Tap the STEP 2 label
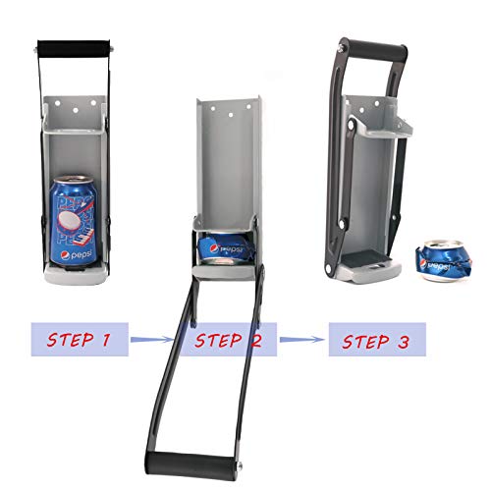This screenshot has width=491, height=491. coord(228,341)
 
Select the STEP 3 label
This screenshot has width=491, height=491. coord(375,342)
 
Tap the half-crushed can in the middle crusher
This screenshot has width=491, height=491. coord(225,249)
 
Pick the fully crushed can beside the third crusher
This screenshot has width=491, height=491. coord(446,260)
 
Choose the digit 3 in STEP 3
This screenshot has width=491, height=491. coord(404,343)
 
